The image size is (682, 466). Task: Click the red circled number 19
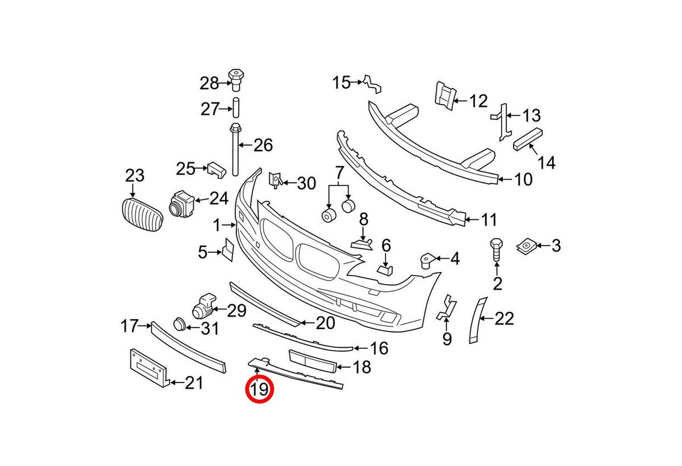click(260, 389)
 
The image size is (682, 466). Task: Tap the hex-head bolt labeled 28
click(236, 80)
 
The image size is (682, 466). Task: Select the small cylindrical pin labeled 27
click(236, 107)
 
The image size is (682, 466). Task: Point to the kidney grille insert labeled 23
click(142, 215)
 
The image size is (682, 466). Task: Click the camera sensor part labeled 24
click(181, 204)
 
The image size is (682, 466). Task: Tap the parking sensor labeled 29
click(203, 306)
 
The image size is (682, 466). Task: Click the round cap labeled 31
click(180, 324)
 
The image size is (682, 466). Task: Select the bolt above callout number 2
click(496, 250)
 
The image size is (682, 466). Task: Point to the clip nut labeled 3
click(527, 246)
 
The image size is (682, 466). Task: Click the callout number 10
click(523, 179)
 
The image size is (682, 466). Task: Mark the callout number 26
click(263, 145)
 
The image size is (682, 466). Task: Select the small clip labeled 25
click(217, 170)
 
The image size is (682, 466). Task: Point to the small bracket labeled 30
click(276, 180)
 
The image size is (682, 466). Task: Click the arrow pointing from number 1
click(229, 225)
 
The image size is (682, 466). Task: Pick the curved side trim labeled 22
click(477, 320)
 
